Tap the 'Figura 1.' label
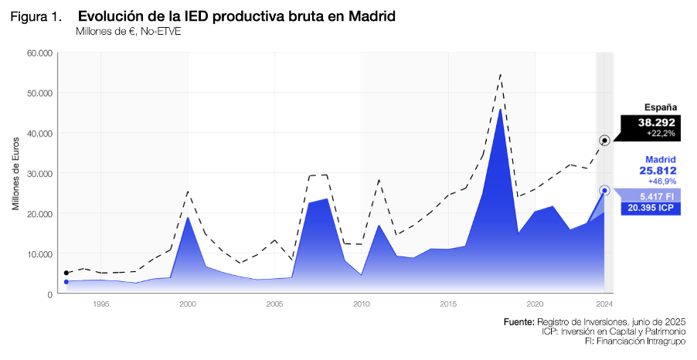[x=36, y=18]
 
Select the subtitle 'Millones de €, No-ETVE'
[x=128, y=32]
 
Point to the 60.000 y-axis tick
[x=39, y=53]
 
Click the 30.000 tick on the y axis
[x=39, y=173]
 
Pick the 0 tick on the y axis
[x=49, y=294]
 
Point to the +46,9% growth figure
[x=661, y=181]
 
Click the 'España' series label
[x=661, y=108]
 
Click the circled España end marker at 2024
[x=604, y=141]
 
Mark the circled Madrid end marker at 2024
[x=604, y=190]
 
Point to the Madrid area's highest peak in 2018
[x=501, y=109]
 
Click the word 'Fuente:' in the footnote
[x=518, y=321]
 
